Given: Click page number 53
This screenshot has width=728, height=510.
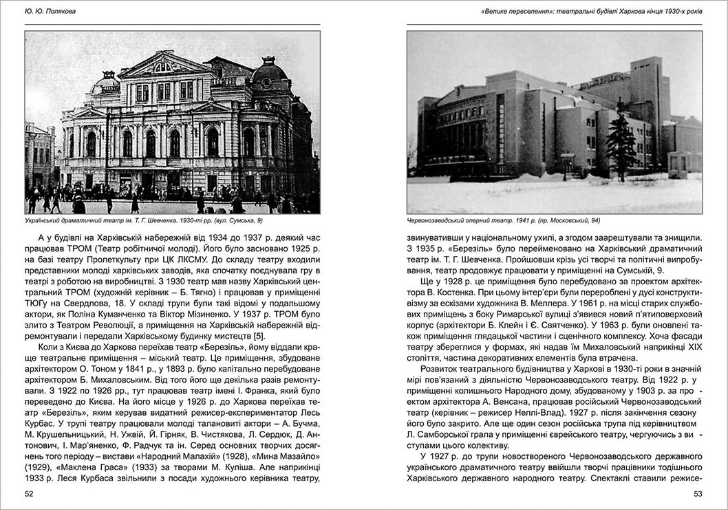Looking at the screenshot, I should [697, 493].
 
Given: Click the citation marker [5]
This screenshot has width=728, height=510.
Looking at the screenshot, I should [259, 336].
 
